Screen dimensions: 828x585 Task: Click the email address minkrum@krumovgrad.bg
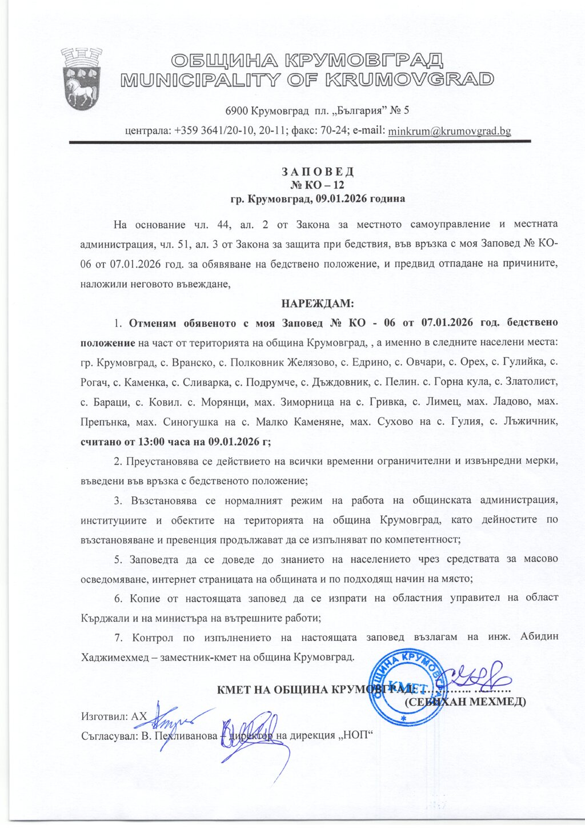[x=449, y=131]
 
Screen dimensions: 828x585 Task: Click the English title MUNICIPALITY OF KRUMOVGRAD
[x=307, y=79]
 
